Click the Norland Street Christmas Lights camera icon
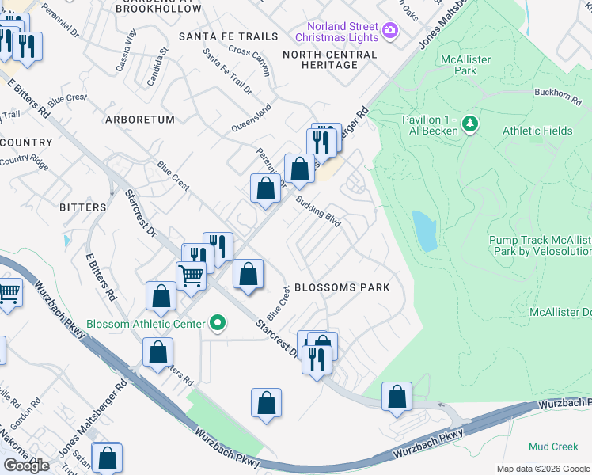coord(389,31)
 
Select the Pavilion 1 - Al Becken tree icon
coord(470,123)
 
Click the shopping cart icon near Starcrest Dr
coord(191,276)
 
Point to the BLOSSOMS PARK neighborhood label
coord(342,287)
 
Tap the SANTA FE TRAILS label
coord(229,36)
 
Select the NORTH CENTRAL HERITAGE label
coord(330,59)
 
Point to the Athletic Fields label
coord(537,131)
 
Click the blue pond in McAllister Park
coord(425,230)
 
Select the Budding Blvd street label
coord(319,212)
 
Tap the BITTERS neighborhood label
coord(82,207)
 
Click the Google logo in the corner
coord(26,465)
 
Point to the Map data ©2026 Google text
coord(543,469)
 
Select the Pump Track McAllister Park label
coord(540,245)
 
